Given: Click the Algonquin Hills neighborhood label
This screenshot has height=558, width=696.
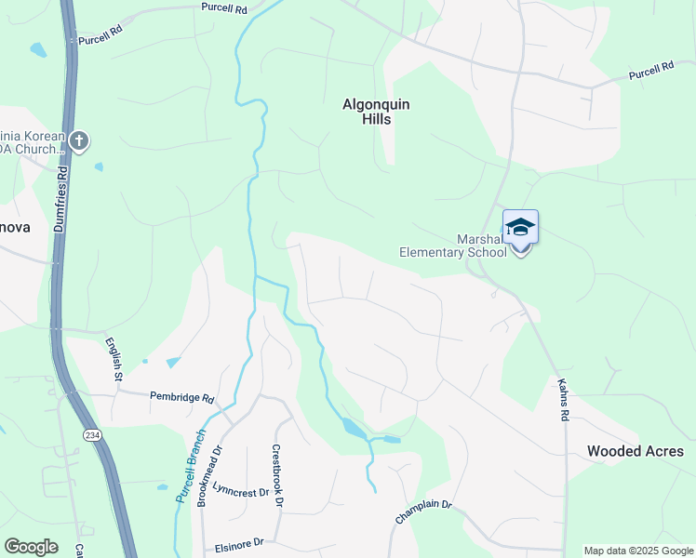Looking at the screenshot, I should coord(376,113).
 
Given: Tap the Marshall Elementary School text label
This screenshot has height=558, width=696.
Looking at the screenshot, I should coord(453,245).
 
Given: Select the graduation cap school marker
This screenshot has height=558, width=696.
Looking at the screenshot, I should coord(520,228).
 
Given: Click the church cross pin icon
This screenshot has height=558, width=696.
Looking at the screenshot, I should coord(79,141).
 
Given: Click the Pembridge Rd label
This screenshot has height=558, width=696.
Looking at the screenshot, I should coord(182,397).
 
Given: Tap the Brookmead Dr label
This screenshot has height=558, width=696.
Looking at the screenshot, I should coord(209,475).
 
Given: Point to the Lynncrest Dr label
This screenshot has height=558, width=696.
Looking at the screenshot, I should coord(240,490).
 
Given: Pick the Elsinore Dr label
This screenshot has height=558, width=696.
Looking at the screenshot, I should coord(240,542).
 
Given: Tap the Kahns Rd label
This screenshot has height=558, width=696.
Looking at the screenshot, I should coord(563,399).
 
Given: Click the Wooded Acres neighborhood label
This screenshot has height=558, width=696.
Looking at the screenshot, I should coord(636,452).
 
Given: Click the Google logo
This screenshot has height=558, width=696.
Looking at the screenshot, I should coord(31,547).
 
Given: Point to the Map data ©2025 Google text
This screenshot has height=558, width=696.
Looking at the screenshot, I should coord(639,551).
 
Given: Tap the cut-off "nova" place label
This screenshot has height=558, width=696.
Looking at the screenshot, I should coord(16,227).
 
